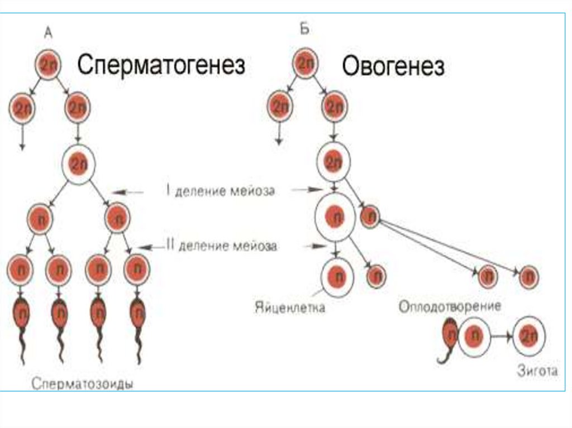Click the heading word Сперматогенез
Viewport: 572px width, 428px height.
[161, 66]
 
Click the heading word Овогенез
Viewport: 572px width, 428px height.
[393, 68]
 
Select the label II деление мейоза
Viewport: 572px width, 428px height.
[222, 245]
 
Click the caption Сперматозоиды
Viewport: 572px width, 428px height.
[85, 384]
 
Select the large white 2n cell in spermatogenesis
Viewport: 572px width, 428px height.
[78, 165]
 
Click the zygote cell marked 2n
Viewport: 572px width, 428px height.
[528, 337]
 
